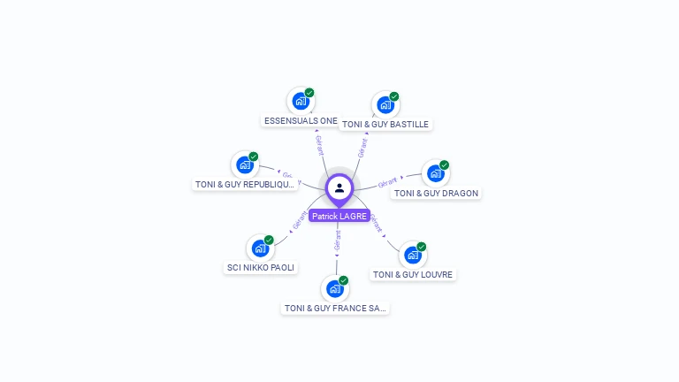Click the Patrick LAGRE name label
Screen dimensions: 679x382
(x=339, y=216)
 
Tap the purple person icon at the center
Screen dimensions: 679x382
(x=339, y=187)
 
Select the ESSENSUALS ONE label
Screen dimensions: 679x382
(x=301, y=120)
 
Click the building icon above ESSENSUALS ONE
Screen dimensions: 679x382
(x=301, y=101)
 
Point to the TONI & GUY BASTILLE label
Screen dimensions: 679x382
(x=385, y=125)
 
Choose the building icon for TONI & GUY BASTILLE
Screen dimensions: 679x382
(x=385, y=104)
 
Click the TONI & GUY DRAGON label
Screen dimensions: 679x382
(x=436, y=193)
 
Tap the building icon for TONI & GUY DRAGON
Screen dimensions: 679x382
(x=435, y=173)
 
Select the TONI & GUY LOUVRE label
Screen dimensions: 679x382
(x=413, y=274)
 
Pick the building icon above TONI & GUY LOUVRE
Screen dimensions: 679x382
(x=412, y=255)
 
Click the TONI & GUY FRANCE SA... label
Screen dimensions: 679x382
(x=335, y=308)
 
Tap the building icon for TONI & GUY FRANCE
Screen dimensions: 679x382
(x=334, y=288)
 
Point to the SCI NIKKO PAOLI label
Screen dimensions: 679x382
(x=261, y=267)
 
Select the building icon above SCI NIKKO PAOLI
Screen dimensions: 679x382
(x=260, y=248)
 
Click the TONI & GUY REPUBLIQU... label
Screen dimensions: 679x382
(x=245, y=184)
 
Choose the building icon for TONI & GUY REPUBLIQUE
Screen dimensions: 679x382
(x=245, y=164)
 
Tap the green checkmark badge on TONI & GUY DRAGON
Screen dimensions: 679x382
(x=445, y=164)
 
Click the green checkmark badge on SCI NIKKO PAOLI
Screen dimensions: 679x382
(x=269, y=240)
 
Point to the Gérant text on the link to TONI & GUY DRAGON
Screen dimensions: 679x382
(x=387, y=182)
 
